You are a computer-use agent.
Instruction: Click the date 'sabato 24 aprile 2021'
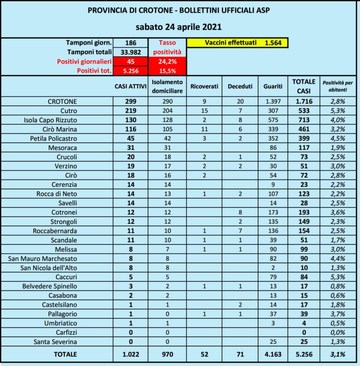coord(179,27)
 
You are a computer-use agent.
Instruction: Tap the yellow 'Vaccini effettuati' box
coord(237,43)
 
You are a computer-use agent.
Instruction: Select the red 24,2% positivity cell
coord(167,62)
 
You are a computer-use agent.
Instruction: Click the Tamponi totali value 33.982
coord(131,52)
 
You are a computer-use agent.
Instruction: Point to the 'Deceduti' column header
coord(240,86)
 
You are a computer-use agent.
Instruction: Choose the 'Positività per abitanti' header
coord(337,86)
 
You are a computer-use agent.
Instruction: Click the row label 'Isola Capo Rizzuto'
coord(50,120)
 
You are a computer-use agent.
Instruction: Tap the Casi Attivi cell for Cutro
coord(131,111)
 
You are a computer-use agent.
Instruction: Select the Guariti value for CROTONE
coord(273,102)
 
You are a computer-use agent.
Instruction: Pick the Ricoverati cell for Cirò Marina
coord(204,129)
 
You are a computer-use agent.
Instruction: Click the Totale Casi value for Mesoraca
coord(304,148)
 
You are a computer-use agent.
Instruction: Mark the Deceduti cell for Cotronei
coord(240,212)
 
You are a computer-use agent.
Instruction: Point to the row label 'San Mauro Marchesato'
coord(42,259)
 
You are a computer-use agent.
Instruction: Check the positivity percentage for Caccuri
coord(337,277)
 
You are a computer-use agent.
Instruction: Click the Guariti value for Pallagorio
coord(273,314)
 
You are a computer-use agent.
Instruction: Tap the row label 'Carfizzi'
coord(66,332)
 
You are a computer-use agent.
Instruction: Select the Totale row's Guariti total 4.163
coord(273,354)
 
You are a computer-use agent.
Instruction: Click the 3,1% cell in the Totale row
coord(337,354)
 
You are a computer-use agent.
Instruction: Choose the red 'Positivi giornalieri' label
coord(84,62)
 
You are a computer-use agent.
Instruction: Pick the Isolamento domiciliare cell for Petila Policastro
coord(167,138)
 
